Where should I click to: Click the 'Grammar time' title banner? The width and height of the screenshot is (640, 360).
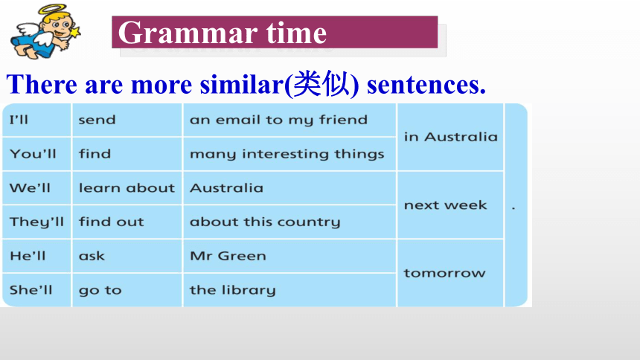275,32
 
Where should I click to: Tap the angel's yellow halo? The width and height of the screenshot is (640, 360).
51,9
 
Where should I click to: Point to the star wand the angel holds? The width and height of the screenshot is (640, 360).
74,33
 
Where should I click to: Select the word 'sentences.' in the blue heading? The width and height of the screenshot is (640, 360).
426,85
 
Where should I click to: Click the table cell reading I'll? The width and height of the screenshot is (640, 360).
36,120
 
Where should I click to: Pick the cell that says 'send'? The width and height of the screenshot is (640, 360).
127,120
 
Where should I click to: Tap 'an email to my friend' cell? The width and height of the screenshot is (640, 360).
289,120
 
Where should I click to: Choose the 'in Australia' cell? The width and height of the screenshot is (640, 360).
450,137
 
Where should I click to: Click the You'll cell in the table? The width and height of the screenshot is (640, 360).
36,154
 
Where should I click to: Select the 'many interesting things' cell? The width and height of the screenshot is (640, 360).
289,154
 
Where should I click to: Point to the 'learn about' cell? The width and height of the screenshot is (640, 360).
127,187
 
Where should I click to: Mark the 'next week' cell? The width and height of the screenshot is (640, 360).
450,205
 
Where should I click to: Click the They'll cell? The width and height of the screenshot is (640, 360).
36,222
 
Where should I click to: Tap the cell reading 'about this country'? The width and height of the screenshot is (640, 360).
289,222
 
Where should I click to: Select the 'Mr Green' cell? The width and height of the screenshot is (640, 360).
289,256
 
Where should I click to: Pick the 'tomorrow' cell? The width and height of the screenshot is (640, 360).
450,273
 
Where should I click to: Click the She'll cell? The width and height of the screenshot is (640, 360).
36,290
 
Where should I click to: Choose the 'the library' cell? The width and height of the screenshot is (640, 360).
289,290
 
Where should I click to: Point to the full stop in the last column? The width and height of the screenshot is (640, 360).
513,208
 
